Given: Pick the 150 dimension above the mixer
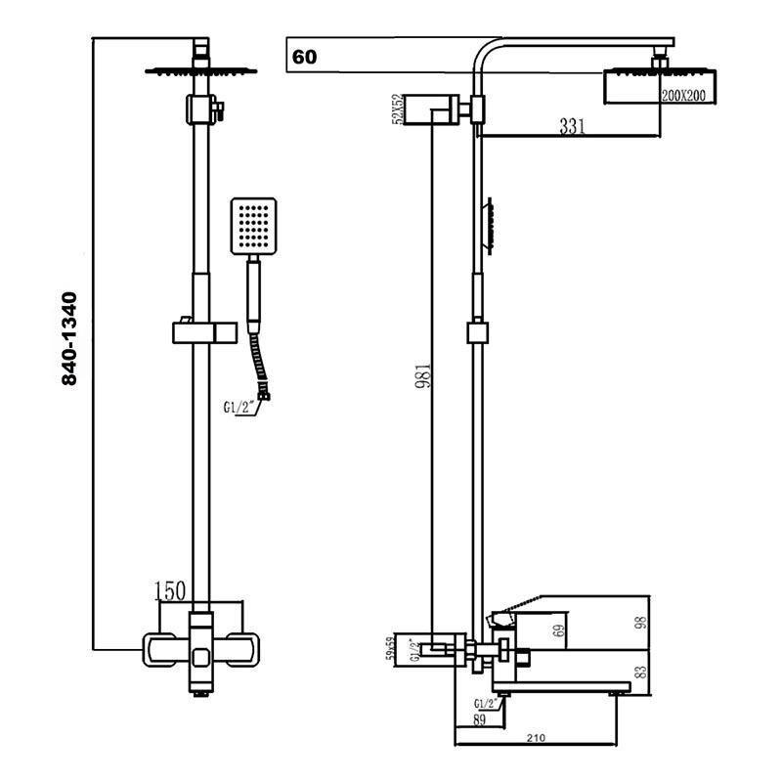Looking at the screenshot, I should click(x=171, y=590).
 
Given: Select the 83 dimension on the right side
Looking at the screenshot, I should click(x=641, y=673).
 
